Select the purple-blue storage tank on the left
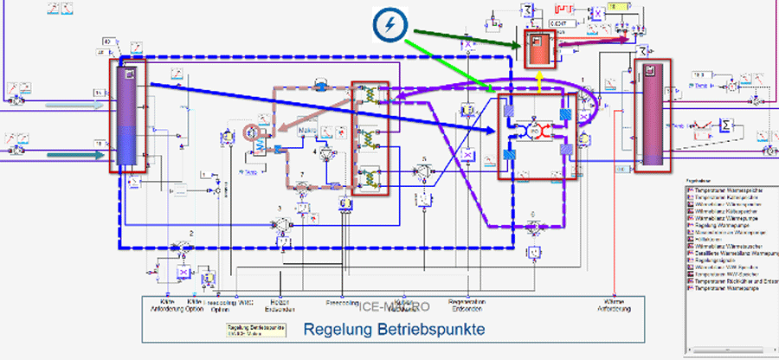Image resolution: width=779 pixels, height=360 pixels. pyautogui.click(x=128, y=116)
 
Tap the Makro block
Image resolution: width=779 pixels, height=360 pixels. pyautogui.click(x=309, y=129)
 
